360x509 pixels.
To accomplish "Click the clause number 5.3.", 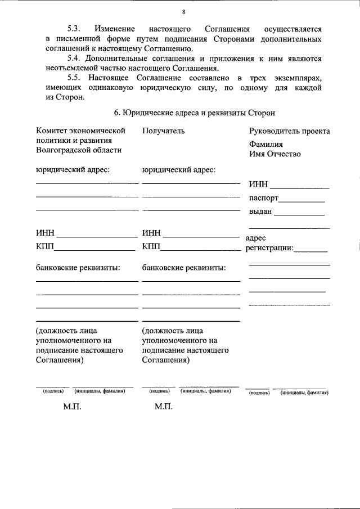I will coord(74,28).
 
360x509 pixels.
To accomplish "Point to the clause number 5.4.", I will coord(74,58).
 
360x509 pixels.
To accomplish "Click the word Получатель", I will coord(163,131).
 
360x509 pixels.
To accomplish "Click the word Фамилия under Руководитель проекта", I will coord(267,144).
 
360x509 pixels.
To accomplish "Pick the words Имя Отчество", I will coord(275,154).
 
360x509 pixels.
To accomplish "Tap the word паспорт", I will coord(263,198).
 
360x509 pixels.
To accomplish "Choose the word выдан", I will coord(260,211).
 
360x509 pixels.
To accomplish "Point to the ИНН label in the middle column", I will coord(151,233).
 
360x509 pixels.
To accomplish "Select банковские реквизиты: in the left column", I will coord(78,268).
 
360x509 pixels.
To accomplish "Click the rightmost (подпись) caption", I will coord(259,393).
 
